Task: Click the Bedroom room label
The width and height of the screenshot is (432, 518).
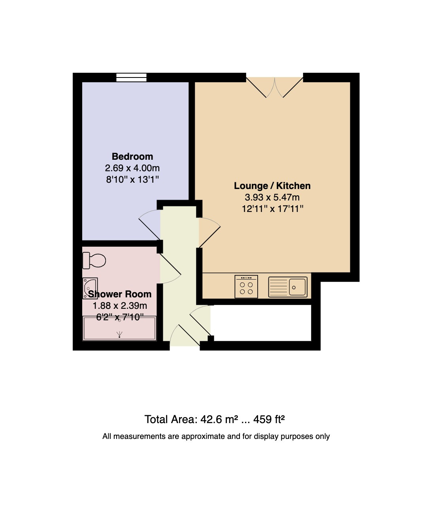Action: (132, 157)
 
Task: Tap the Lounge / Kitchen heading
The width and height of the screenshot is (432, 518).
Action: (272, 186)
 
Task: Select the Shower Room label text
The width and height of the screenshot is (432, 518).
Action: (120, 294)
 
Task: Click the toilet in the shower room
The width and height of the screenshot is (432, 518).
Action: (94, 261)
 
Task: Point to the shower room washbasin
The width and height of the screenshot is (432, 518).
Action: (90, 288)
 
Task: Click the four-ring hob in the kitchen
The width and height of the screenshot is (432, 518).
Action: (246, 287)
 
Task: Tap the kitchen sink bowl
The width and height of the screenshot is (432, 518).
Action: (297, 287)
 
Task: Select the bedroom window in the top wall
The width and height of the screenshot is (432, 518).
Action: (132, 77)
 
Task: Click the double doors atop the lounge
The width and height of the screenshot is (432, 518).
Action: (275, 87)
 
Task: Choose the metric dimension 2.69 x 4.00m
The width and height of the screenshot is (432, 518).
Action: (132, 168)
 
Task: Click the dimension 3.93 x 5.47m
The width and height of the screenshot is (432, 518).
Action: (272, 197)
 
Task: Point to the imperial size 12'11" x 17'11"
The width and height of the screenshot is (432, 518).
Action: (272, 209)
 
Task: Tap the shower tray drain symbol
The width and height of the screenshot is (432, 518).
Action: (119, 335)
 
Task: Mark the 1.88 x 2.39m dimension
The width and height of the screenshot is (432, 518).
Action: (120, 306)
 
